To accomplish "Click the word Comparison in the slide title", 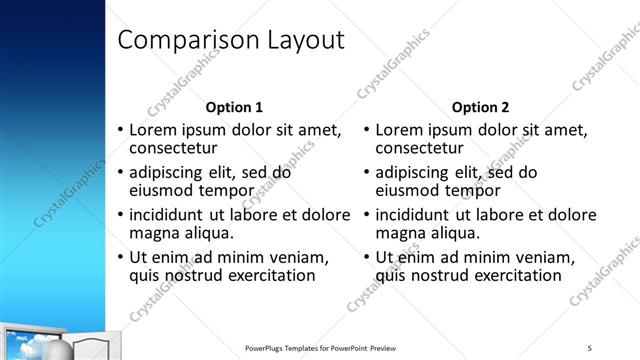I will [187, 40].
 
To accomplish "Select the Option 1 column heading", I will [234, 107].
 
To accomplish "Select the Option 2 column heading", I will [480, 107].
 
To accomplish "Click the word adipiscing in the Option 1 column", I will [173, 172].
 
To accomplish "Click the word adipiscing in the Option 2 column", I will [419, 172].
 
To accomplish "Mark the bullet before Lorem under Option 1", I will [120, 130].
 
